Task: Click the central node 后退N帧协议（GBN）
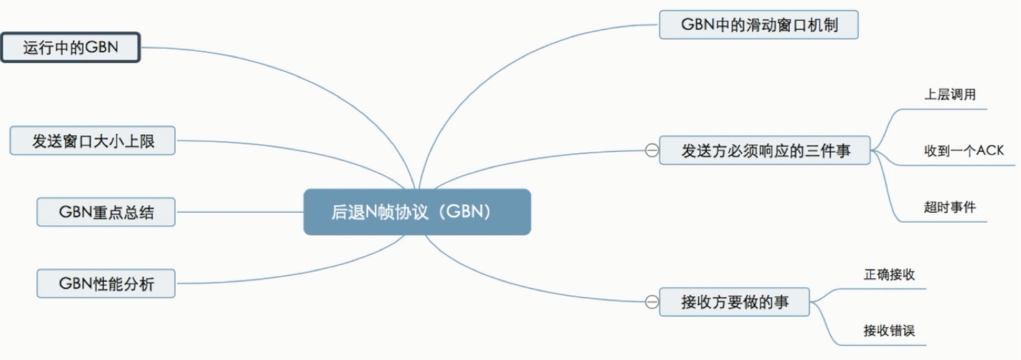click(x=416, y=212)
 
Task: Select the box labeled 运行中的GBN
click(x=71, y=47)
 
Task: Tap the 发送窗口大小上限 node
click(x=93, y=141)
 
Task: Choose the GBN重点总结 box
click(x=106, y=212)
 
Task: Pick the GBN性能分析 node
click(x=106, y=283)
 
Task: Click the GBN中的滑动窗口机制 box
click(x=759, y=25)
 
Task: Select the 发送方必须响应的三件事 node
click(x=765, y=151)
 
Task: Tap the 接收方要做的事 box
click(x=735, y=302)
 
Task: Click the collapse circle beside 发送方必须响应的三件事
click(x=652, y=151)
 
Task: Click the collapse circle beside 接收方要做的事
click(x=652, y=302)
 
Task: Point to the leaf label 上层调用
click(x=950, y=95)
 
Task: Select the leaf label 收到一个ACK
click(x=963, y=151)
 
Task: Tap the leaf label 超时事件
click(x=950, y=207)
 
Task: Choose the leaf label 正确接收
click(x=889, y=275)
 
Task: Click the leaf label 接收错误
click(x=889, y=331)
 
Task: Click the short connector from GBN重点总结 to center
click(x=237, y=212)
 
